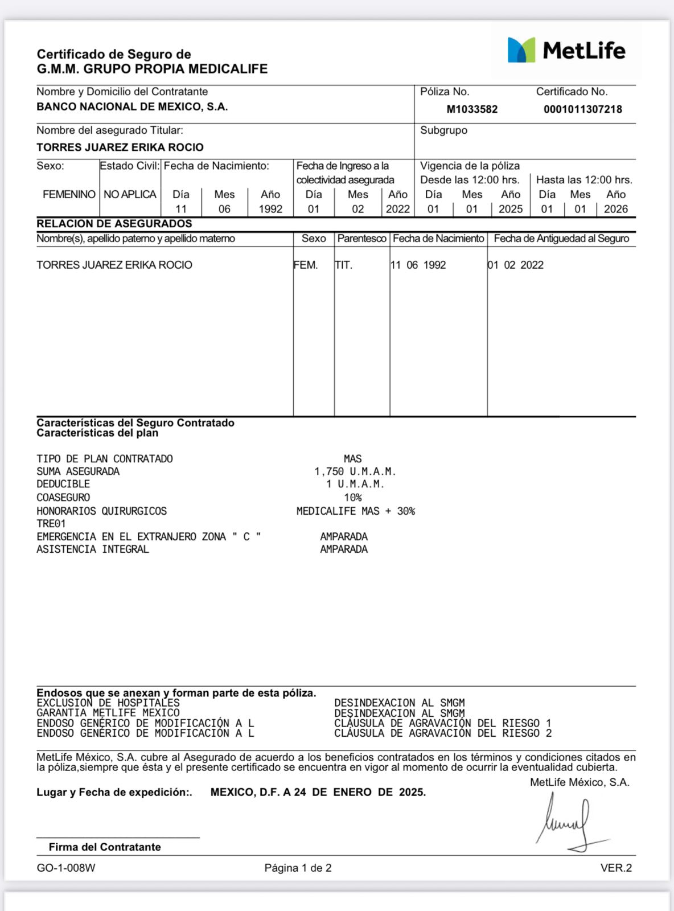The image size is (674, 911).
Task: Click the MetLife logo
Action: click(x=566, y=51)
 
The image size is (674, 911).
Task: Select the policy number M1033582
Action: click(x=472, y=109)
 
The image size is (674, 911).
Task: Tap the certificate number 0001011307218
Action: click(x=582, y=109)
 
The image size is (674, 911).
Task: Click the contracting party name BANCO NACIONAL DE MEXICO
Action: click(x=132, y=107)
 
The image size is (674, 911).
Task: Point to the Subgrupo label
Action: click(x=443, y=130)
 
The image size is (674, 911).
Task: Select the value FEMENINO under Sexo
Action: click(x=69, y=195)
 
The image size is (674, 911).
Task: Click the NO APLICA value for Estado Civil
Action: click(x=130, y=195)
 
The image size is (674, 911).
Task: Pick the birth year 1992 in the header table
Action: click(x=270, y=209)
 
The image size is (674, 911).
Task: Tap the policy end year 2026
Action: click(x=615, y=209)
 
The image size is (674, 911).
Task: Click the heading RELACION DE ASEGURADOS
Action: click(x=114, y=224)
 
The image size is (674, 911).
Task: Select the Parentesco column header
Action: click(x=361, y=239)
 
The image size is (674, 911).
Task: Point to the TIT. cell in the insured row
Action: click(x=343, y=265)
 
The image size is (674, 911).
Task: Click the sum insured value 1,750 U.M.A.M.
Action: click(x=355, y=471)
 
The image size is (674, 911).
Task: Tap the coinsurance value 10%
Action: click(x=353, y=498)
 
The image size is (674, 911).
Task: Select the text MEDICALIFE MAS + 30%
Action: click(x=355, y=511)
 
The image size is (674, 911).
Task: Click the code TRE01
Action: click(x=51, y=524)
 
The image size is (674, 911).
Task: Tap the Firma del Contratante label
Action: click(x=105, y=847)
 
